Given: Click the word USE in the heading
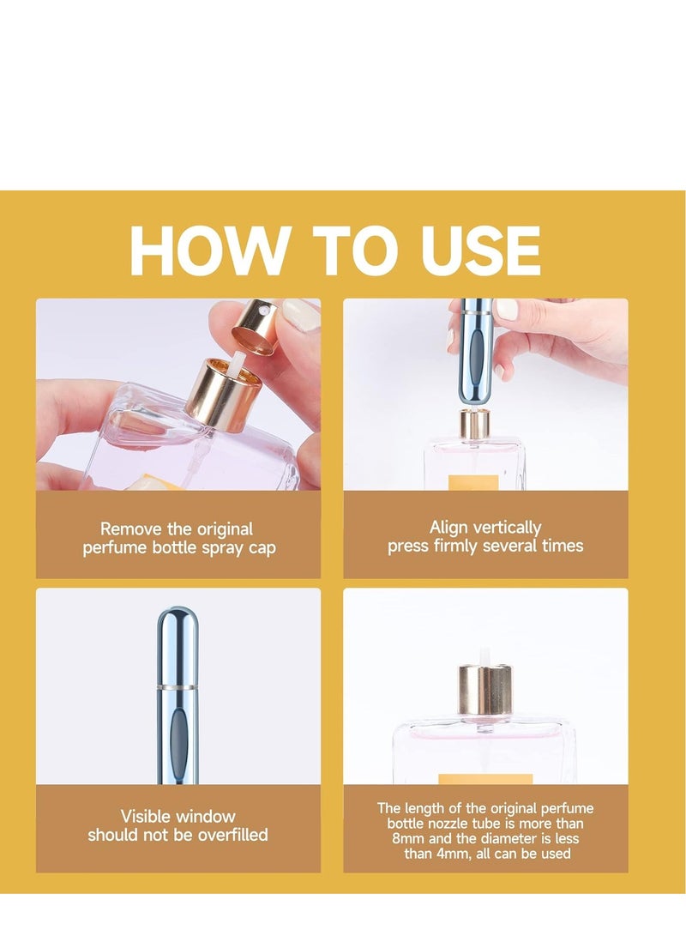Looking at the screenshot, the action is tap(480, 251).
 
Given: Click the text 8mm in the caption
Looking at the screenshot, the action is tap(408, 838).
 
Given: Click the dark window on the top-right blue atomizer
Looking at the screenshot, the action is tap(475, 358).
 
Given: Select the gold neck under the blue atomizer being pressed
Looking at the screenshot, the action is tap(474, 425).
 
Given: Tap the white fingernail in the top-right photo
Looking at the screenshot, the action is tap(507, 309).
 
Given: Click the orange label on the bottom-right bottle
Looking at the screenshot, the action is tap(485, 779).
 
